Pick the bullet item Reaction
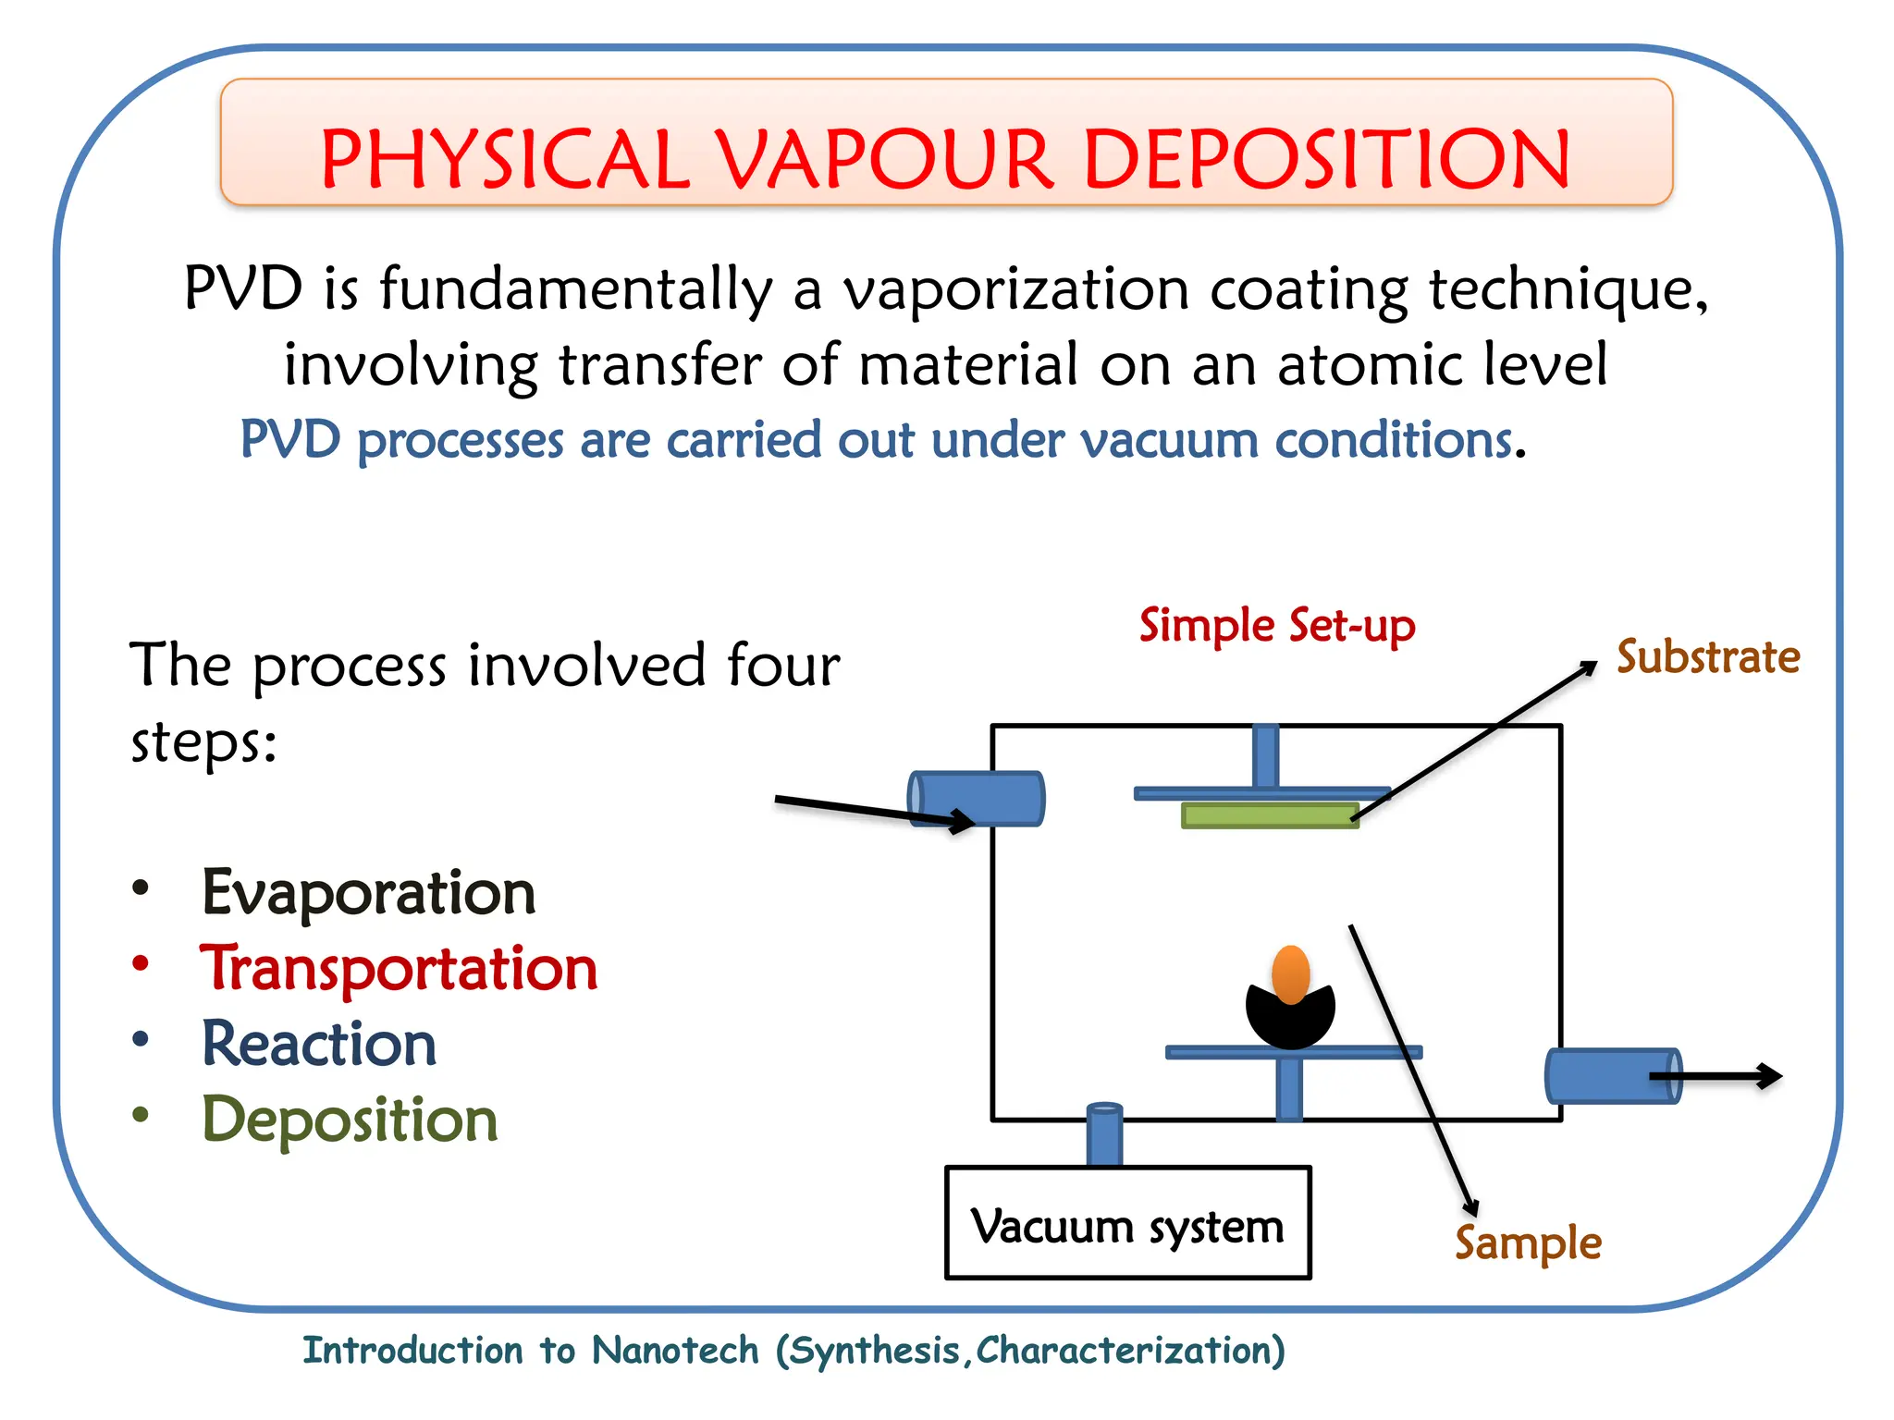click(319, 1045)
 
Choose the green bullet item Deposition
click(350, 1120)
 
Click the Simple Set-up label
click(1276, 626)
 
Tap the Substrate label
click(1707, 657)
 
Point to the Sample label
click(1528, 1242)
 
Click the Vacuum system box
click(1127, 1223)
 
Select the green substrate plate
click(1270, 814)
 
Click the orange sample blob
click(1291, 973)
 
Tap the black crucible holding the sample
click(1290, 1022)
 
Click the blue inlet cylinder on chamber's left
click(977, 798)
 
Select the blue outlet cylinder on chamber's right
click(1612, 1075)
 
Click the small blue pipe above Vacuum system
click(1104, 1134)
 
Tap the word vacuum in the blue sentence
click(1168, 440)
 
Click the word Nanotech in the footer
click(675, 1351)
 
